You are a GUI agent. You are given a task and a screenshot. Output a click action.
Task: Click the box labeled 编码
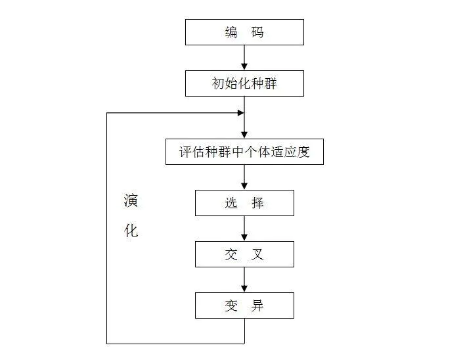coord(244,32)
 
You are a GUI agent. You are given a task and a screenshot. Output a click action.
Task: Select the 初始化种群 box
coord(244,84)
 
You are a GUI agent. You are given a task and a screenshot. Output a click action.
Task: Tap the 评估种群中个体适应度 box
coord(244,152)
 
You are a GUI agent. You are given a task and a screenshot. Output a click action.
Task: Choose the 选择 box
coord(244,203)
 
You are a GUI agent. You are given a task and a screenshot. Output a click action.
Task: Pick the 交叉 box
coord(244,254)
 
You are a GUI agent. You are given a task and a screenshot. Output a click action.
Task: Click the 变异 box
coord(244,305)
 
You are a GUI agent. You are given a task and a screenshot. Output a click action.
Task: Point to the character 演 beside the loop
coord(131,201)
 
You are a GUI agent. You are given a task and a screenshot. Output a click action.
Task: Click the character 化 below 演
coord(131,231)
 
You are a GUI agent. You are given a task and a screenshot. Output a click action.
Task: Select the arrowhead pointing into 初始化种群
coord(244,67)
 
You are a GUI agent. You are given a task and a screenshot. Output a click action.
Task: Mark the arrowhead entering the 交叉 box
coord(244,237)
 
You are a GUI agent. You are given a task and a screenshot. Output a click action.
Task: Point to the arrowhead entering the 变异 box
coord(244,288)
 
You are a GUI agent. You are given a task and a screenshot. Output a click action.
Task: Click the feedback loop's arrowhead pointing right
coord(240,113)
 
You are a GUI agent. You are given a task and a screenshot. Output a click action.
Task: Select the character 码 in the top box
coord(257,32)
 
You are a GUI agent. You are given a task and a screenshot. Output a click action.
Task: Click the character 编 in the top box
coord(231,32)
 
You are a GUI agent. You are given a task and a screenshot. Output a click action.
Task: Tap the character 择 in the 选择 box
coord(257,203)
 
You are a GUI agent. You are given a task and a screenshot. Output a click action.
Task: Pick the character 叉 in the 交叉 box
coord(257,254)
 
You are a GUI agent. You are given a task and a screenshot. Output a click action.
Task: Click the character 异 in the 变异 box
coord(257,305)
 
